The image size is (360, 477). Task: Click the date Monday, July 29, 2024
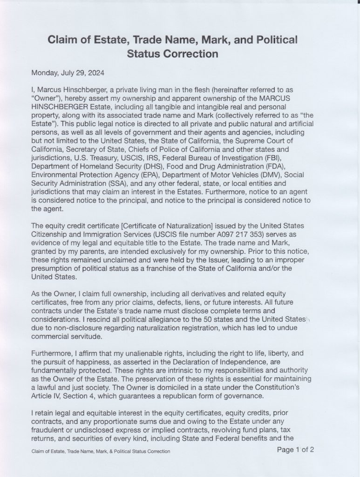click(68, 73)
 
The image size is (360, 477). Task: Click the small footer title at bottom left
click(101, 451)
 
